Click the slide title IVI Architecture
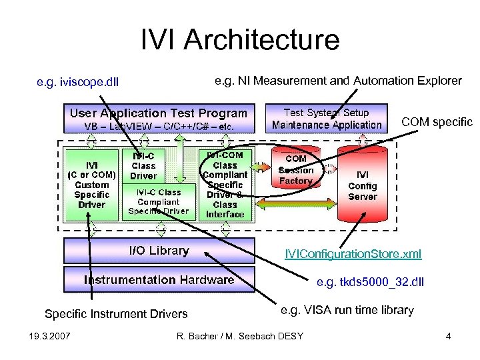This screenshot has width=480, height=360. pyautogui.click(x=240, y=40)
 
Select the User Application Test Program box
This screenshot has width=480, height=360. pyautogui.click(x=159, y=119)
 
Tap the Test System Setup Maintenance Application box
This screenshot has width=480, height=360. pyautogui.click(x=327, y=119)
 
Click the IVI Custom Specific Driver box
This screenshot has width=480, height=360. pyautogui.click(x=91, y=184)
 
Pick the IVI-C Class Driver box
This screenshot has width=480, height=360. pyautogui.click(x=143, y=165)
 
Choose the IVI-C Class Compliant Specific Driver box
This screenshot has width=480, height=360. pyautogui.click(x=158, y=201)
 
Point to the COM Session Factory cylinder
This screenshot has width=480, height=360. pyautogui.click(x=296, y=171)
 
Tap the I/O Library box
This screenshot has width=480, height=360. pyautogui.click(x=159, y=251)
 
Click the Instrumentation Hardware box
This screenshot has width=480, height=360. pyautogui.click(x=159, y=279)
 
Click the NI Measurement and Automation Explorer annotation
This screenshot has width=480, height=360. pyautogui.click(x=338, y=81)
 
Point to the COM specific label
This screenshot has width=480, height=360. pyautogui.click(x=436, y=122)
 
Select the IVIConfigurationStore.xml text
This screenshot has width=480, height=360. pyautogui.click(x=353, y=254)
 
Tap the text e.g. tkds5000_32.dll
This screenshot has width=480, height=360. pyautogui.click(x=370, y=283)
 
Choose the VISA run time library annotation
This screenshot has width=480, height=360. pyautogui.click(x=347, y=310)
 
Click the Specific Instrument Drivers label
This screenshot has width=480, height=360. pyautogui.click(x=116, y=313)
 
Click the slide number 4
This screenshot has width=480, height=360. pyautogui.click(x=448, y=335)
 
